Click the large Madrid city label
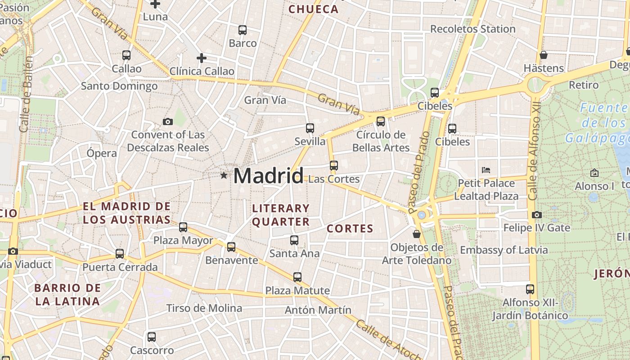coord(268,175)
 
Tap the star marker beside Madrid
coord(224,175)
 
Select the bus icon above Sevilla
coord(310,128)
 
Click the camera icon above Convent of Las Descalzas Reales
coord(168,121)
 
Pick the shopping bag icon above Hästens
coord(544,55)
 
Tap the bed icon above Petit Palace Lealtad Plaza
coord(486,170)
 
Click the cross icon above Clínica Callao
coord(202,58)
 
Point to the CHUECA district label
coord(313,9)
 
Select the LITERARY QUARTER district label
coord(281,215)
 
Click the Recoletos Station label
coord(472,29)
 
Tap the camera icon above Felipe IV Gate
coord(536,215)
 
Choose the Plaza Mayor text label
coord(183,240)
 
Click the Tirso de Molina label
coord(204,308)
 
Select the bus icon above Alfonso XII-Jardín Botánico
coord(530,289)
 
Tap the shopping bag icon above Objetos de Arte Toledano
coord(417,234)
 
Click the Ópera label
coord(102,153)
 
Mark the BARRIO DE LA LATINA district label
coord(67,295)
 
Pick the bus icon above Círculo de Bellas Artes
coord(381,121)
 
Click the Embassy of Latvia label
coord(504,250)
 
